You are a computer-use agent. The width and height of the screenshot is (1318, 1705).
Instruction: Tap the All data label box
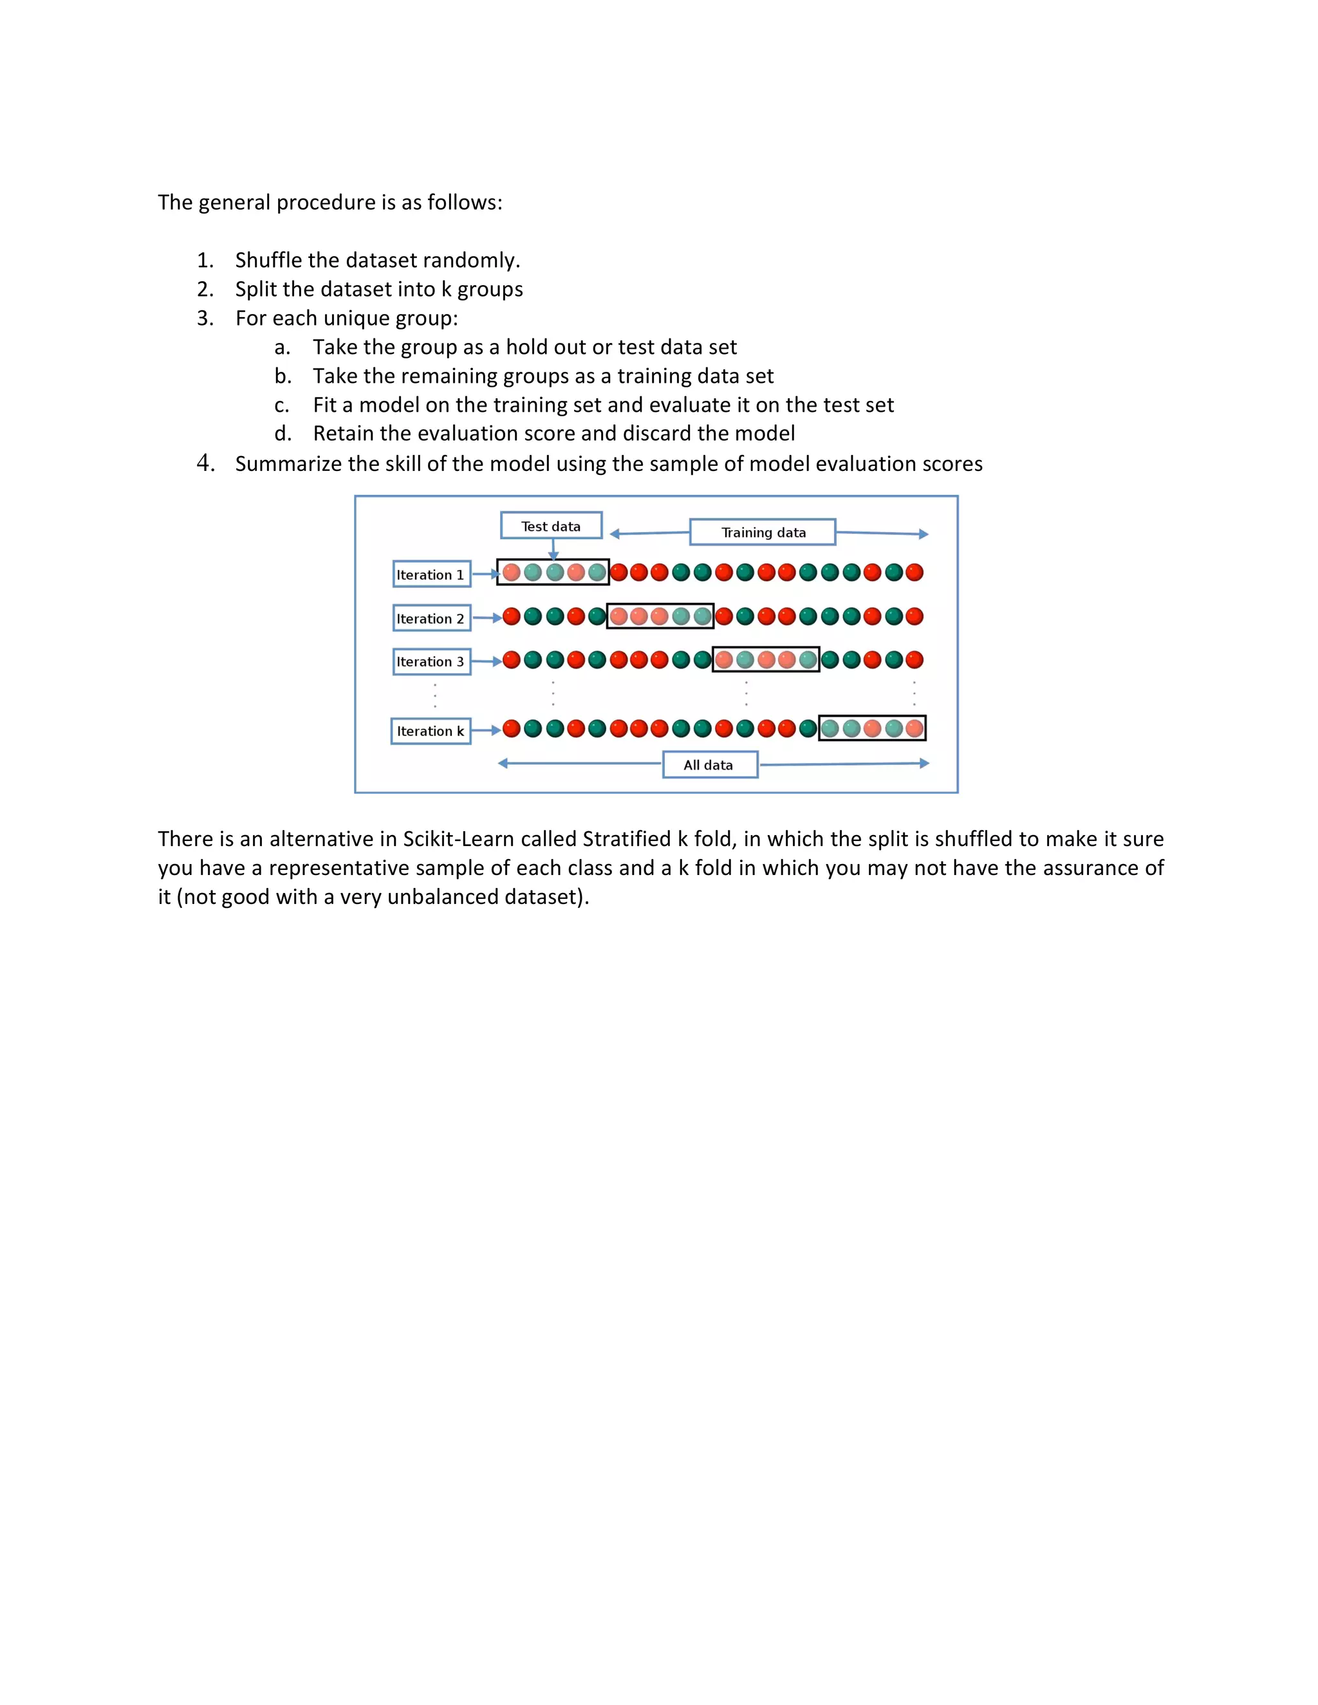(709, 764)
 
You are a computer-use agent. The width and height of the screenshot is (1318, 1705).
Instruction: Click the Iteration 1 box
(431, 574)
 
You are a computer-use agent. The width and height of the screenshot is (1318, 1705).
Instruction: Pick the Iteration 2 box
(431, 618)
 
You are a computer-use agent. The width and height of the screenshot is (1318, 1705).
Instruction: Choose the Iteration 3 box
(431, 661)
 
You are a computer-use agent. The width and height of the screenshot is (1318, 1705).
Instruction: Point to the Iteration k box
(431, 731)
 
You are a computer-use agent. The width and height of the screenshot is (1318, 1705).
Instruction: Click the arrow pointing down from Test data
(553, 549)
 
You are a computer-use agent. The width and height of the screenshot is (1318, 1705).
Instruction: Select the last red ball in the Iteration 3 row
(914, 659)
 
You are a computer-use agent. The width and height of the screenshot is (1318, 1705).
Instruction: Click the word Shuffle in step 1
(268, 260)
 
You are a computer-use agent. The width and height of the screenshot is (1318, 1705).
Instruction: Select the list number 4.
(205, 463)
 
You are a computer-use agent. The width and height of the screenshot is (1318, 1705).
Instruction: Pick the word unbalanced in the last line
(442, 896)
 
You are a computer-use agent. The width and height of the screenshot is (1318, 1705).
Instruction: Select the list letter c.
(282, 405)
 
